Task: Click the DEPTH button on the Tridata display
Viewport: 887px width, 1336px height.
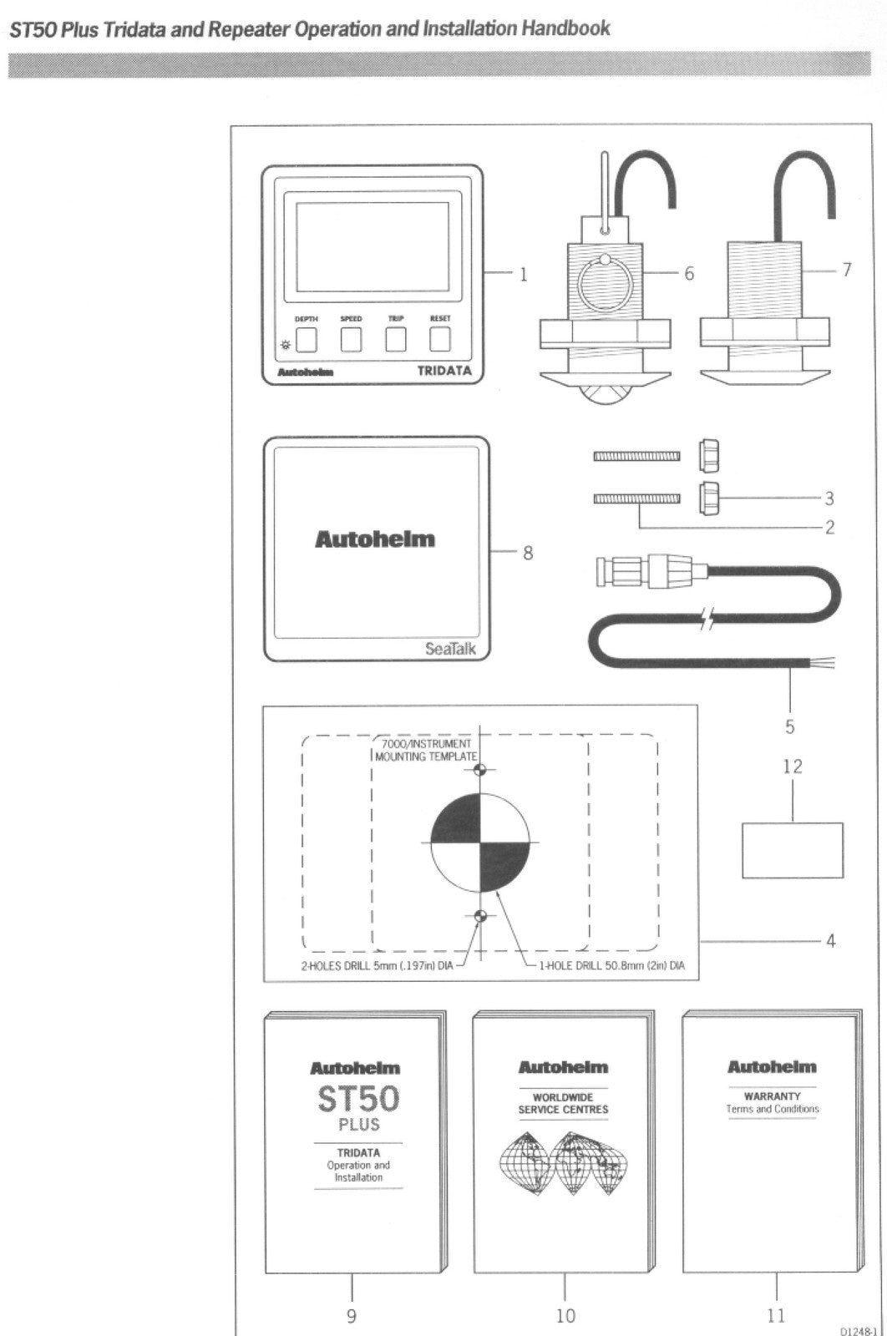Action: (x=307, y=340)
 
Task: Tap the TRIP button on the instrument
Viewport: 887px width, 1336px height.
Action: (x=395, y=340)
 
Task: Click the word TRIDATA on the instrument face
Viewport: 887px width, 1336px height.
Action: (x=444, y=371)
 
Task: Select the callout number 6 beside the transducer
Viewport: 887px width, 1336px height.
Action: (x=689, y=273)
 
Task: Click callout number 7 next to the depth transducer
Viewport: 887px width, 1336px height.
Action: (x=846, y=270)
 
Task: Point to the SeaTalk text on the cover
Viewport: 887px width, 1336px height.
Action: (x=450, y=648)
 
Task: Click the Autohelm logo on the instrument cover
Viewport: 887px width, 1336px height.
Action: (x=375, y=539)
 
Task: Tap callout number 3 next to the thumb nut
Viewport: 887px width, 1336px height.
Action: (x=829, y=498)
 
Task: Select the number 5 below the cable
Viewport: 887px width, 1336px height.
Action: (x=789, y=726)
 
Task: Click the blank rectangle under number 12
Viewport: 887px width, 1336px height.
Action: (x=792, y=850)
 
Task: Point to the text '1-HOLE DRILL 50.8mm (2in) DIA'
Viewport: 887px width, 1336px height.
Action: (x=611, y=966)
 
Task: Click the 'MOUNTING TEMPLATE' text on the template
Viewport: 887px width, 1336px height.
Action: (x=426, y=756)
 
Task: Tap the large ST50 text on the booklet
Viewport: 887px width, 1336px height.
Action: (x=358, y=1098)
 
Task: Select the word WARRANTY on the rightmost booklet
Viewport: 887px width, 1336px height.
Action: (x=772, y=1096)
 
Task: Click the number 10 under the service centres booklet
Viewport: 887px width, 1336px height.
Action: (x=565, y=1316)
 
